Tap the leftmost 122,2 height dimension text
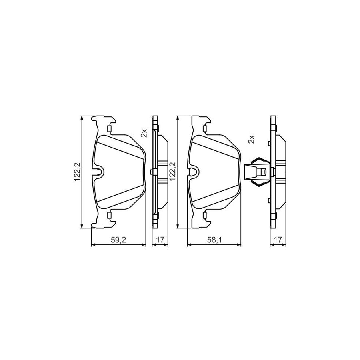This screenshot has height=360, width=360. click(77, 172)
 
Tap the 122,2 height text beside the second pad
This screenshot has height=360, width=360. click(173, 172)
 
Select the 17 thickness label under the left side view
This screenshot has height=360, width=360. click(160, 240)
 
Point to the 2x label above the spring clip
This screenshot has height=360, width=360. click(251, 139)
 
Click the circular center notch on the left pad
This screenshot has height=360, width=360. click(100, 172)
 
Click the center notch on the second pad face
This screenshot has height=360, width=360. click(195, 172)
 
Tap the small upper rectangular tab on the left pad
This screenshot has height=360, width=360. click(109, 128)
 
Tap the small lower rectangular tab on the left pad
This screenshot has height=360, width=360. click(109, 216)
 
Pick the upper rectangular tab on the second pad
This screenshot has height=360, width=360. click(204, 128)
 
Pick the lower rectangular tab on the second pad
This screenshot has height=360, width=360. click(204, 216)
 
